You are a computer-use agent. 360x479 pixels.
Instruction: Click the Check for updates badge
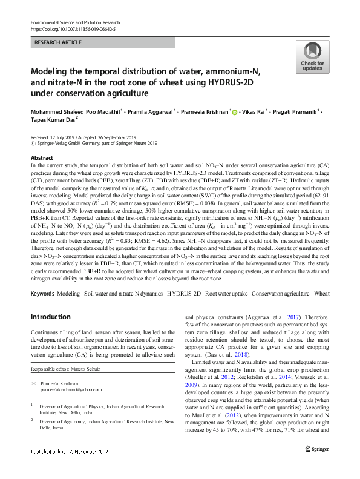tap(312, 58)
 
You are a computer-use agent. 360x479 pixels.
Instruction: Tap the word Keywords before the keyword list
tap(42, 293)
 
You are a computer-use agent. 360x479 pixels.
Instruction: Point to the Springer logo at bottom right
tap(316, 451)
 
